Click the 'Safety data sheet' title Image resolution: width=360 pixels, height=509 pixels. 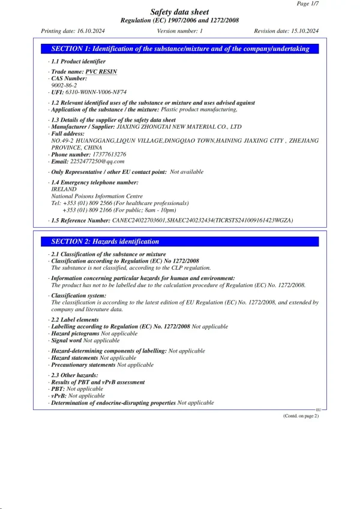click(x=179, y=11)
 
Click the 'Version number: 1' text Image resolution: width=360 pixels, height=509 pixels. click(x=179, y=31)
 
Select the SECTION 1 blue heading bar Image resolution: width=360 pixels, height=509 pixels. click(x=179, y=49)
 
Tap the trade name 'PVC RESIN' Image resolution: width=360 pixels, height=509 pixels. click(x=101, y=71)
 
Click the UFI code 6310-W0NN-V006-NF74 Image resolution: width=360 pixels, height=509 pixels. click(x=95, y=92)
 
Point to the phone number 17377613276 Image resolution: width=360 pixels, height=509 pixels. click(x=105, y=154)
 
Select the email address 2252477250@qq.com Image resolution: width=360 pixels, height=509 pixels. click(x=97, y=161)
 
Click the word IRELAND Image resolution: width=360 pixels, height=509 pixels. click(x=64, y=189)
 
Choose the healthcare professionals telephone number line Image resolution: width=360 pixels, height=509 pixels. click(x=120, y=203)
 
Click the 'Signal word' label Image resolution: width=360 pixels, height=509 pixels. click(x=66, y=341)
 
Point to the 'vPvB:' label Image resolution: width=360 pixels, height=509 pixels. click(x=58, y=396)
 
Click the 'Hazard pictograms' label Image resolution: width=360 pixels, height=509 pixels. click(x=75, y=333)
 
